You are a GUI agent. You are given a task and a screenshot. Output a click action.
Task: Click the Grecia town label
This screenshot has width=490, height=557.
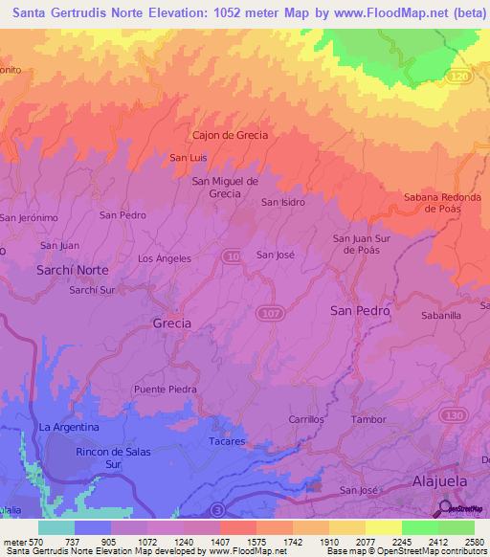(172, 323)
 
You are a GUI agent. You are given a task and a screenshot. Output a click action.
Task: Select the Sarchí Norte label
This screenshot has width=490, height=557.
(73, 271)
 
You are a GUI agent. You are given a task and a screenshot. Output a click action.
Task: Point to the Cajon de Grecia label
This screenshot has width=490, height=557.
(231, 135)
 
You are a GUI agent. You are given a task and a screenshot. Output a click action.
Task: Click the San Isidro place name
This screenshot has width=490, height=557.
(283, 202)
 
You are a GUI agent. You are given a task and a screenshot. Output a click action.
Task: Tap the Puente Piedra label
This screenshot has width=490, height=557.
(166, 390)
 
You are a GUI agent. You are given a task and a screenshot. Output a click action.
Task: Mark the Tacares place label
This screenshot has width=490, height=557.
(228, 441)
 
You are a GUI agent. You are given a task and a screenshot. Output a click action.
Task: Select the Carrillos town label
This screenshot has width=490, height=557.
(307, 419)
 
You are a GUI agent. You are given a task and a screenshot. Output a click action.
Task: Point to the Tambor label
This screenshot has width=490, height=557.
(368, 419)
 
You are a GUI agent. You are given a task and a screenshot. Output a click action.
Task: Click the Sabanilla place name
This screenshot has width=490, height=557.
(441, 314)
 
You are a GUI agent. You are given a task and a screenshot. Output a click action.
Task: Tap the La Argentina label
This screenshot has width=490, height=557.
(69, 427)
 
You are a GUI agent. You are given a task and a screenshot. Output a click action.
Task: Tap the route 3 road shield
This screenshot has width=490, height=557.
(219, 508)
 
